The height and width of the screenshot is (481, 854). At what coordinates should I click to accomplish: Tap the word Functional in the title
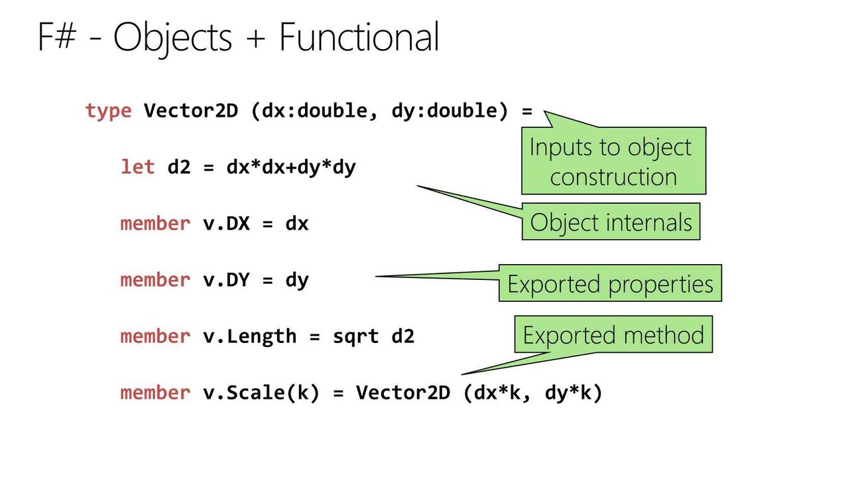click(359, 36)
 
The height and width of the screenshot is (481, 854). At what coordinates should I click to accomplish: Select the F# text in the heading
click(57, 36)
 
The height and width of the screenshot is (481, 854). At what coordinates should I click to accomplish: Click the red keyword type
click(109, 111)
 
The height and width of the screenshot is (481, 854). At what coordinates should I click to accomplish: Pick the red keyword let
click(138, 167)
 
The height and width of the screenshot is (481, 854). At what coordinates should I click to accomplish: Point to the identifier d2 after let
click(179, 167)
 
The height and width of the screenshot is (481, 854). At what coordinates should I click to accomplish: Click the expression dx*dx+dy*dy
click(291, 168)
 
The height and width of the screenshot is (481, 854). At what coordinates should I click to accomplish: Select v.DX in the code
click(227, 223)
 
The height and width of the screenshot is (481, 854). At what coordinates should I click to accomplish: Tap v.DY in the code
click(227, 279)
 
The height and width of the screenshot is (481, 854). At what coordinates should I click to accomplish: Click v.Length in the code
click(250, 337)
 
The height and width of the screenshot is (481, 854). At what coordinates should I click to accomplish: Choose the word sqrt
click(355, 337)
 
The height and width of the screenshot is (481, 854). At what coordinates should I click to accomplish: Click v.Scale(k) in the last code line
click(261, 393)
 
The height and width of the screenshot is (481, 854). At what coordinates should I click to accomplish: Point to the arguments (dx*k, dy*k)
click(532, 393)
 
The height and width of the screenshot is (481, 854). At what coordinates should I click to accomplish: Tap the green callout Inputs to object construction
click(614, 161)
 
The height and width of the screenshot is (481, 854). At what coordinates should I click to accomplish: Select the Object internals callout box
click(611, 221)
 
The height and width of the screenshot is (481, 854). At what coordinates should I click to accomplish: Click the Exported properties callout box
click(610, 283)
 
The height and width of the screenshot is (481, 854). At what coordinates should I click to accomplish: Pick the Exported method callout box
click(613, 334)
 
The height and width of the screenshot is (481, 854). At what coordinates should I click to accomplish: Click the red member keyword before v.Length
click(155, 336)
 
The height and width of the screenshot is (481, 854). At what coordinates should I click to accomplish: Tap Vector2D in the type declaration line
click(191, 111)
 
